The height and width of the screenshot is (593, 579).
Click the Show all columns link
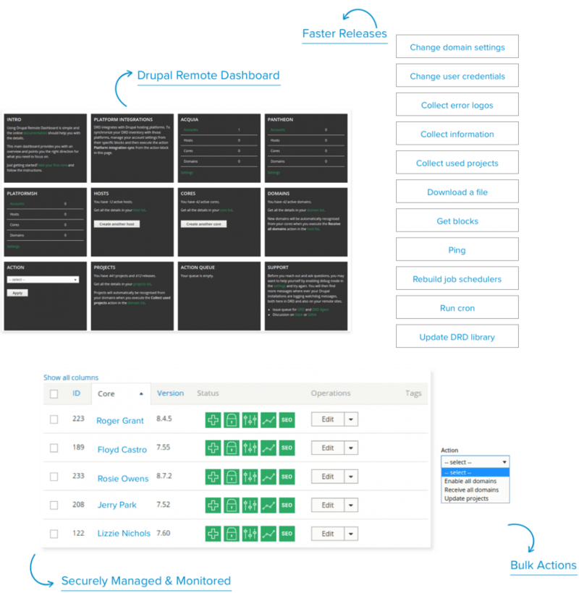70,377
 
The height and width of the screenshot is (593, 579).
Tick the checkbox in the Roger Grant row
54,420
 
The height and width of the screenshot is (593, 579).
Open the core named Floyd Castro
122,449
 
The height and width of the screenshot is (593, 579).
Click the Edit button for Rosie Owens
327,477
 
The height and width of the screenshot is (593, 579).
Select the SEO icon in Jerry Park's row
287,505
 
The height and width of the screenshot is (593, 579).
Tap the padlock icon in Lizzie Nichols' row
231,534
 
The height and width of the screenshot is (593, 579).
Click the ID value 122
77,532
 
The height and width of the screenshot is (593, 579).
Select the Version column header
170,393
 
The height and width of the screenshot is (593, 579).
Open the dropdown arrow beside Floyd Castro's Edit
350,448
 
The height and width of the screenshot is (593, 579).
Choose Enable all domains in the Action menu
470,481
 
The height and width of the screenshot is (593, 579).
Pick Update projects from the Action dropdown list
466,498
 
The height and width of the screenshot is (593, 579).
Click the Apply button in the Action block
17,292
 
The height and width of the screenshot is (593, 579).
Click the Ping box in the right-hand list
457,249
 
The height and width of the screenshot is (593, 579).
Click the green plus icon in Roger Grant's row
213,420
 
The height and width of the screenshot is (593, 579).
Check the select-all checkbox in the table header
54,394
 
